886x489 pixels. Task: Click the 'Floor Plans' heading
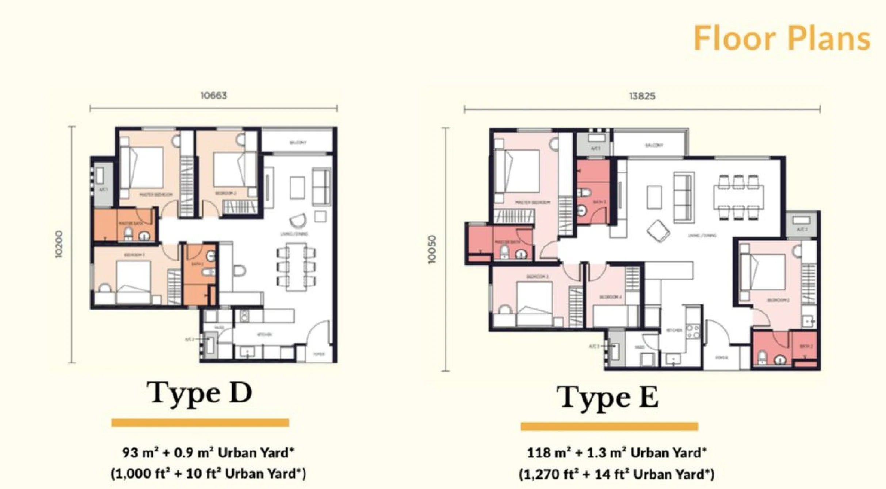click(782, 38)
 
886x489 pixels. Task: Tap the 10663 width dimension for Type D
click(214, 96)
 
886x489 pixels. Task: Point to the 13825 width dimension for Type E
click(642, 96)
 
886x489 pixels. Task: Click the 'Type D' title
click(199, 393)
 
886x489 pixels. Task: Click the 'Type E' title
click(608, 398)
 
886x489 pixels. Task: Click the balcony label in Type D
click(298, 143)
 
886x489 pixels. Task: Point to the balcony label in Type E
click(654, 145)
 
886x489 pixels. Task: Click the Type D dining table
click(296, 267)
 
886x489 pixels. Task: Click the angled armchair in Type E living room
click(658, 231)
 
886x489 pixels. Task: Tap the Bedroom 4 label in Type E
click(610, 297)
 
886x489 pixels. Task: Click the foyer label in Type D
click(319, 354)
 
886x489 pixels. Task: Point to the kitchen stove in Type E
click(693, 331)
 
